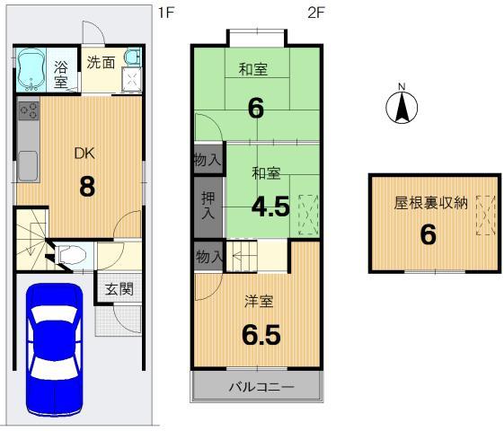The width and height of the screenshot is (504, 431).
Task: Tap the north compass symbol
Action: (403, 108)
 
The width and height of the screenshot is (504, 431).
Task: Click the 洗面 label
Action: (100, 62)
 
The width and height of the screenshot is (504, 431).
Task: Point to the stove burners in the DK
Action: (27, 112)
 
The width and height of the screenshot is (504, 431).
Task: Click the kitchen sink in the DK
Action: (27, 164)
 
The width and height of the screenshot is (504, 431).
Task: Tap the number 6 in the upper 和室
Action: (255, 108)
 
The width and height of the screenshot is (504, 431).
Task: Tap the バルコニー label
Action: (256, 389)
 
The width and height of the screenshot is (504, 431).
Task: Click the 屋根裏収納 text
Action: (430, 204)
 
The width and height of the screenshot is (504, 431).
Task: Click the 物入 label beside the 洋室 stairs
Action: (208, 257)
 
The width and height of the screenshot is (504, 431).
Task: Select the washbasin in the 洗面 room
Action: (129, 61)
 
